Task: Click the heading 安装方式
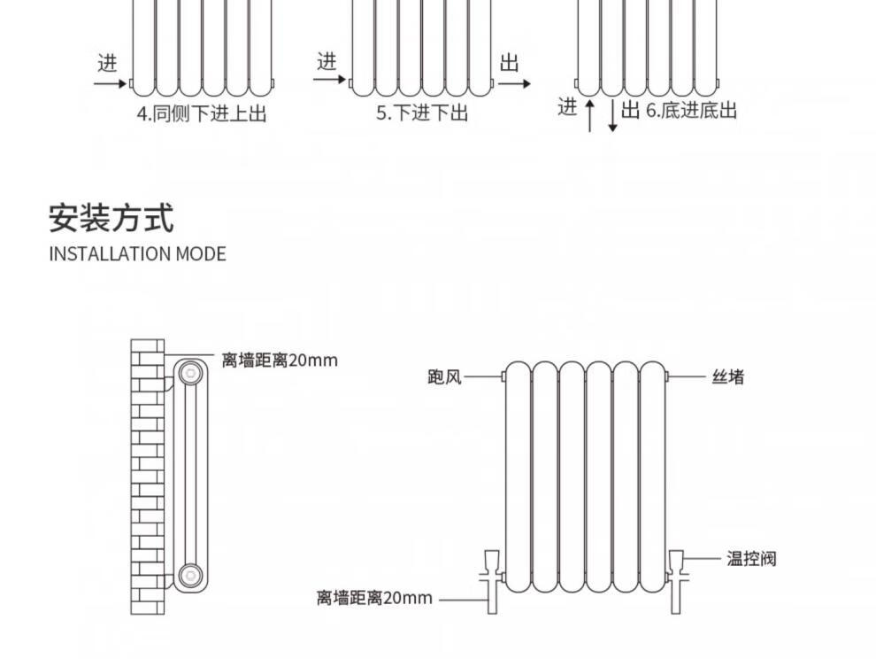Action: pyautogui.click(x=111, y=217)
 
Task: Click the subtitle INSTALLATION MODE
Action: pyautogui.click(x=137, y=254)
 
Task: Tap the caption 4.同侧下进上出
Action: pyautogui.click(x=202, y=113)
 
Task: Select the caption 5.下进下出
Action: pyautogui.click(x=422, y=113)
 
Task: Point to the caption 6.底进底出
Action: pyautogui.click(x=690, y=110)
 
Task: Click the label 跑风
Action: pyautogui.click(x=444, y=377)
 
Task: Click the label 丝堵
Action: pyautogui.click(x=728, y=377)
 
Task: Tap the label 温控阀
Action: pyautogui.click(x=751, y=559)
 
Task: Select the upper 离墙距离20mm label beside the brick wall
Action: pyautogui.click(x=280, y=361)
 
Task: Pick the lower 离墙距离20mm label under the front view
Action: pyautogui.click(x=375, y=598)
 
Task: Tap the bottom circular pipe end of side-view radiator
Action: pyautogui.click(x=188, y=577)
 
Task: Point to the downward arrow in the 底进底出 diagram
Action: pyautogui.click(x=611, y=115)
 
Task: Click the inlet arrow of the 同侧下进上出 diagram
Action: pyautogui.click(x=111, y=84)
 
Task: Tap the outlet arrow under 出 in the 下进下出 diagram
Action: pyautogui.click(x=514, y=84)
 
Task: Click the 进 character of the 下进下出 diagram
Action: pyautogui.click(x=327, y=61)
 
